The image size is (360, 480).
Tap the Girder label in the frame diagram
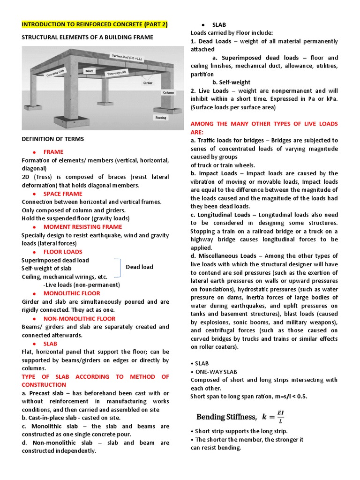[149, 82]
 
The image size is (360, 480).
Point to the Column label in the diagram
[168, 92]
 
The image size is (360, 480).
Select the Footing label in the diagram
[161, 118]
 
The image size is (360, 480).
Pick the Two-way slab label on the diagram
[116, 73]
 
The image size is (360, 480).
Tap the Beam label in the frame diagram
[89, 71]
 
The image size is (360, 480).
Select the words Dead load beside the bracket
[139, 267]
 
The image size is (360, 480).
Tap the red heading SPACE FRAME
[63, 194]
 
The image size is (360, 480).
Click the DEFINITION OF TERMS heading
[53, 139]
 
